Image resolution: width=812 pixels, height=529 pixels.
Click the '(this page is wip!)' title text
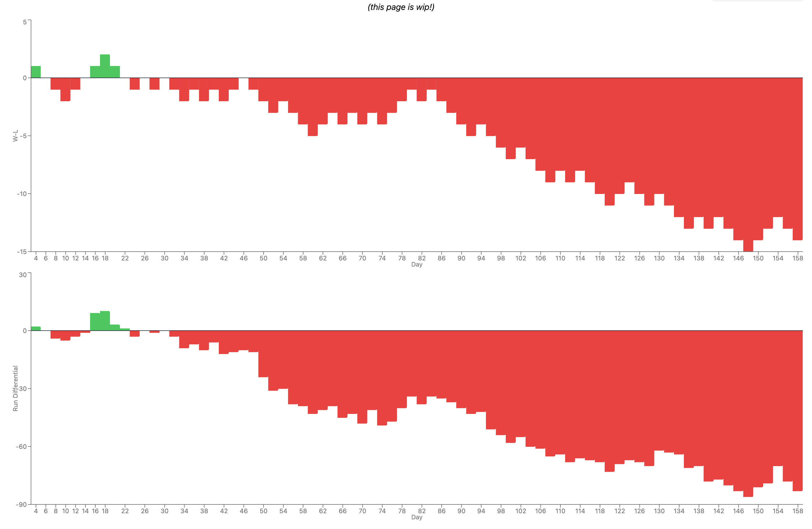pyautogui.click(x=401, y=7)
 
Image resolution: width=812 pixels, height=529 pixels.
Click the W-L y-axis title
pyautogui.click(x=15, y=136)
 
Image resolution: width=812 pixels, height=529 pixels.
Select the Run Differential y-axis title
pyautogui.click(x=15, y=388)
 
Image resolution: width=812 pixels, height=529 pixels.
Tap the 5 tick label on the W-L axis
pyautogui.click(x=25, y=22)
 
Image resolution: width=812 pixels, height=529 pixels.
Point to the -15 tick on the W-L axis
pyautogui.click(x=22, y=252)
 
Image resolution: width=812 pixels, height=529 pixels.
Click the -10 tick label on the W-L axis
pyautogui.click(x=22, y=194)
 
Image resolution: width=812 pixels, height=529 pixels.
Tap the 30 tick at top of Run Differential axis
pyautogui.click(x=23, y=275)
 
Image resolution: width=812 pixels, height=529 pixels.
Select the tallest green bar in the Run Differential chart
pyautogui.click(x=105, y=321)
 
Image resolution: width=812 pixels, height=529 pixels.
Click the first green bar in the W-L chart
pyautogui.click(x=36, y=72)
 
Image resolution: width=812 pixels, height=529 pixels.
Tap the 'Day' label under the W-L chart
pyautogui.click(x=417, y=264)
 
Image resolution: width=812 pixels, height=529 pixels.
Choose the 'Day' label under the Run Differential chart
pyautogui.click(x=417, y=517)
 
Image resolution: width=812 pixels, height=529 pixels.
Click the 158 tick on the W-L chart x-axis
pyautogui.click(x=797, y=258)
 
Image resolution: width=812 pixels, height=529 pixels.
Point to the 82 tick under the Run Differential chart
pyautogui.click(x=422, y=511)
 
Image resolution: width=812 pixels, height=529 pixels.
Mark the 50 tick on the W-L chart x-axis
pyautogui.click(x=263, y=258)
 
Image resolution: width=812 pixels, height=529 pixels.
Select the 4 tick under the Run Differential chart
pyautogui.click(x=36, y=511)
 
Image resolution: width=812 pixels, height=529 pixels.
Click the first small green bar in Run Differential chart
pyautogui.click(x=36, y=329)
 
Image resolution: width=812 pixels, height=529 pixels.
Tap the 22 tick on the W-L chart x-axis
pyautogui.click(x=125, y=258)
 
